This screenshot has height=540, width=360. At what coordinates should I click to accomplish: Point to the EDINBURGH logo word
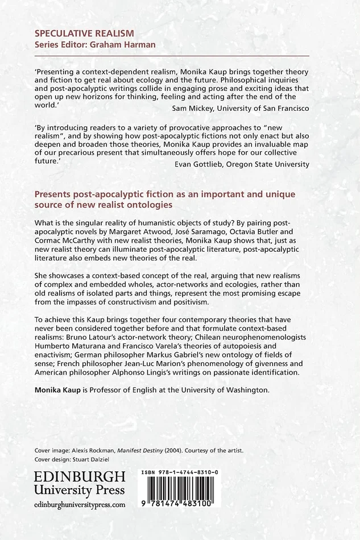(x=80, y=476)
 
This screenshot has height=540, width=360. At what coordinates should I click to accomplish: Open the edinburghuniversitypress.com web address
(x=80, y=504)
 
